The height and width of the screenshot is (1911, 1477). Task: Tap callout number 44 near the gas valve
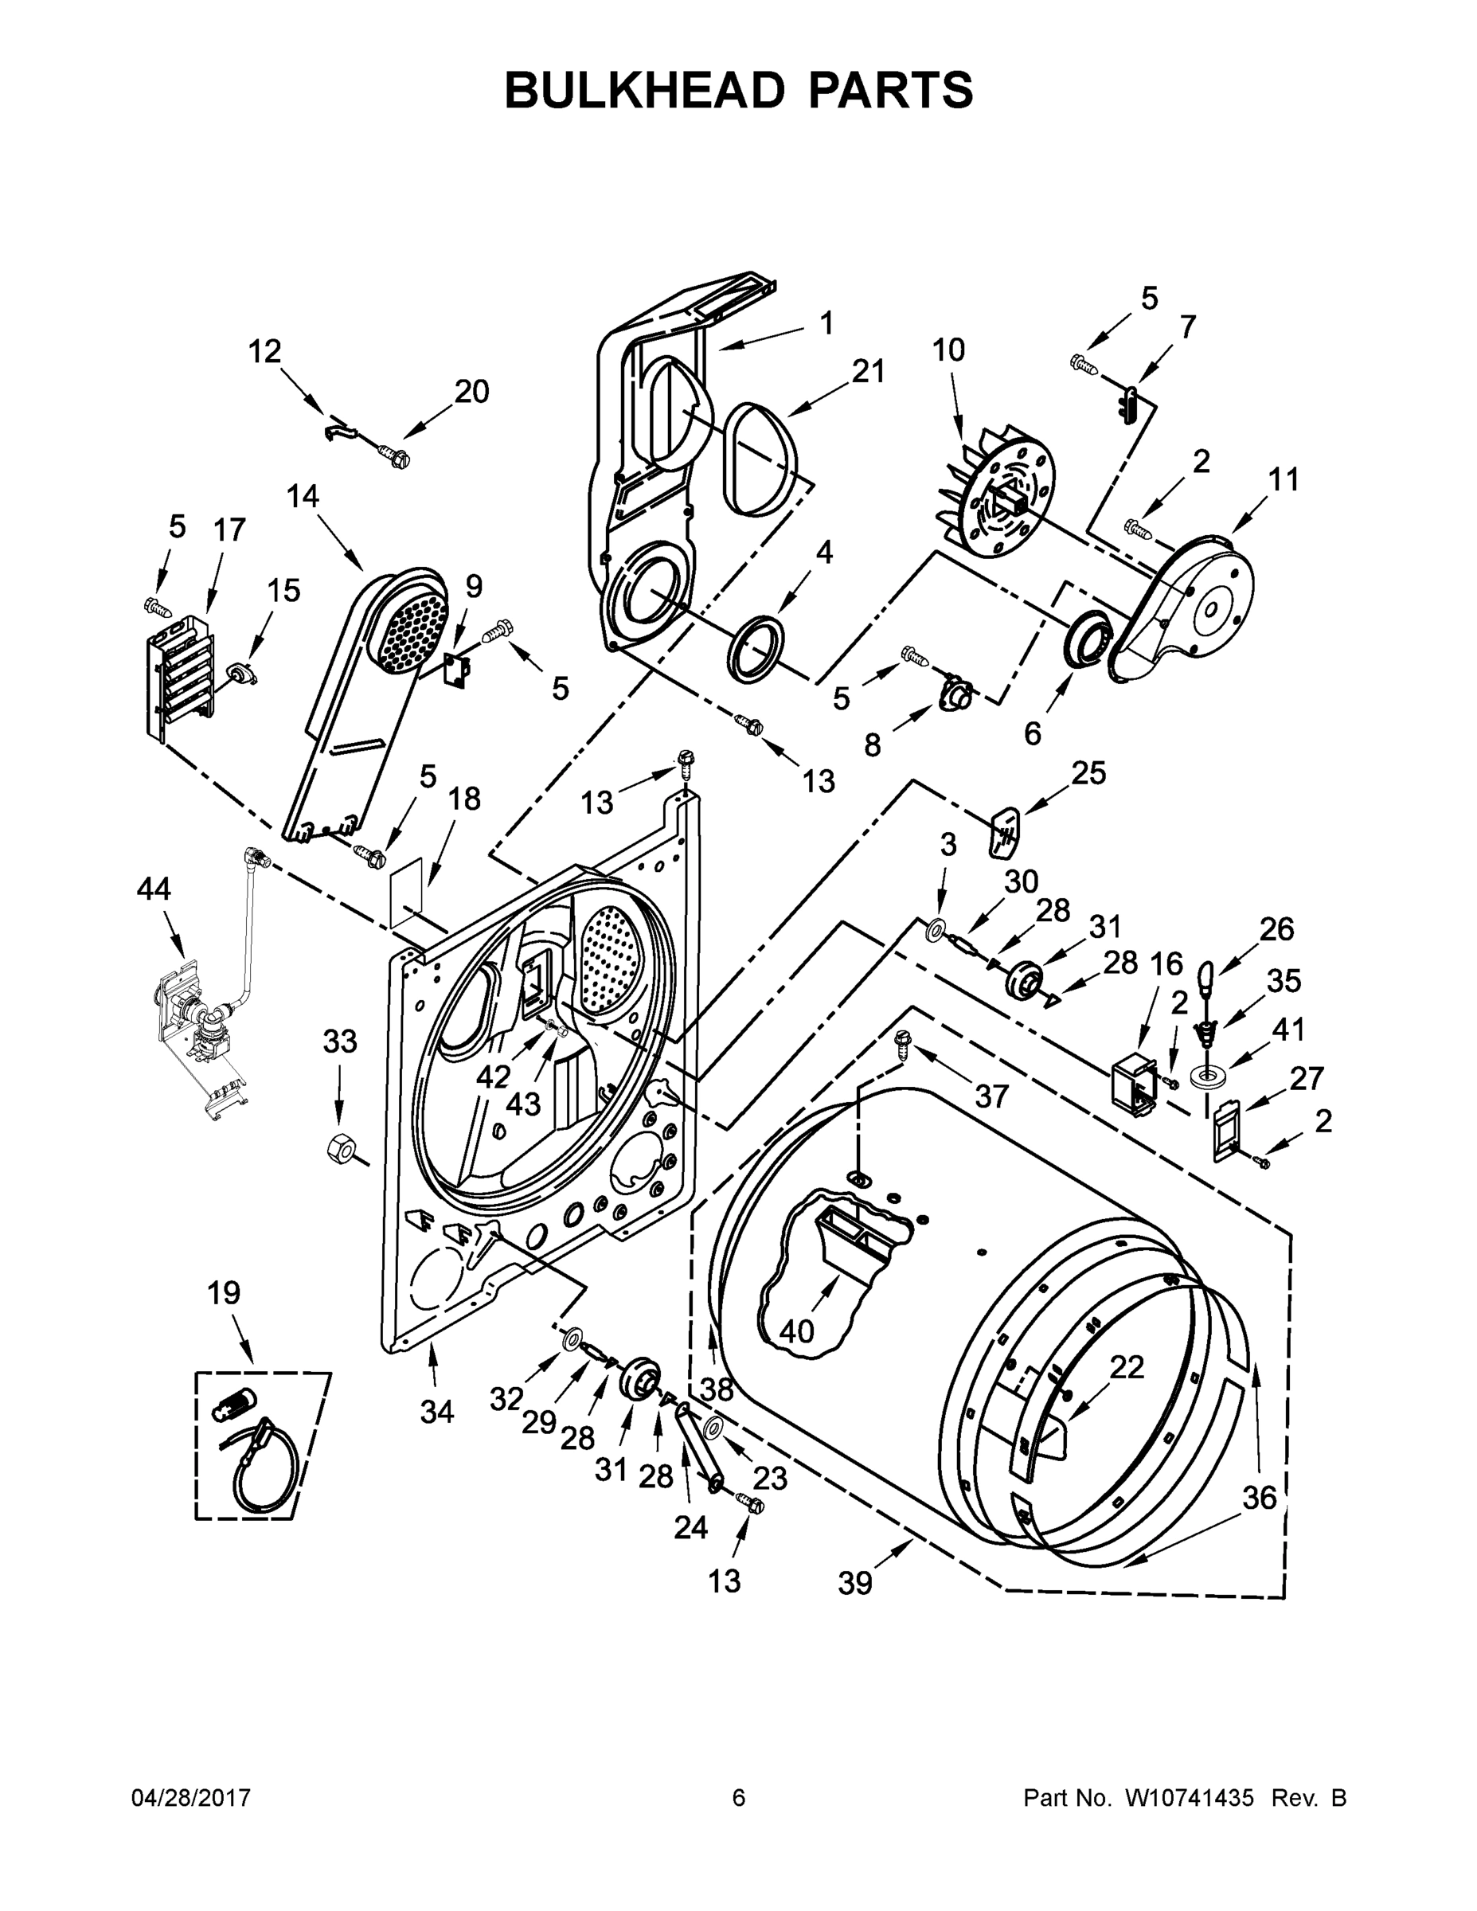[x=154, y=889]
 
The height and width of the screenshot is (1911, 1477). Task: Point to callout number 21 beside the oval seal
[x=868, y=371]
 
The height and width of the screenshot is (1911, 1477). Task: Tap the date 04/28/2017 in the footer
[x=191, y=1798]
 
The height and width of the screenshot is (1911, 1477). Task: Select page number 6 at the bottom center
[x=739, y=1798]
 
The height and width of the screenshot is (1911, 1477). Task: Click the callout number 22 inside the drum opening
[x=1126, y=1366]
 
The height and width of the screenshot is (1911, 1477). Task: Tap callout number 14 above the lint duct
[x=303, y=496]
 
